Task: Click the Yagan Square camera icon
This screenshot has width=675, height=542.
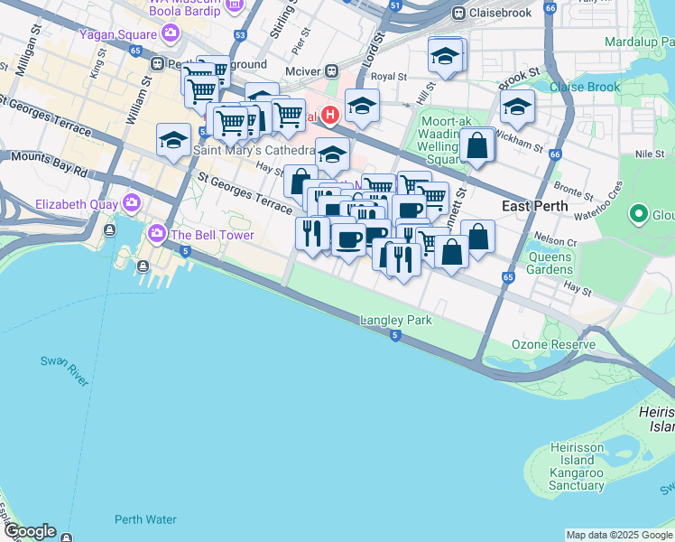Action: pyautogui.click(x=170, y=35)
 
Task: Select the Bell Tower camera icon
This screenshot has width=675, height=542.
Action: pyautogui.click(x=157, y=234)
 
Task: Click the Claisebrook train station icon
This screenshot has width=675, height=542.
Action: pyautogui.click(x=458, y=14)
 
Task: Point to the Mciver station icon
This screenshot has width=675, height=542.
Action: pyautogui.click(x=332, y=70)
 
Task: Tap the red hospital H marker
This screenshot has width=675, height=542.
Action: pyautogui.click(x=330, y=115)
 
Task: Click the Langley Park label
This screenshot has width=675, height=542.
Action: pyautogui.click(x=395, y=320)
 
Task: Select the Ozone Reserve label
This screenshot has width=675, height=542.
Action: pyautogui.click(x=553, y=344)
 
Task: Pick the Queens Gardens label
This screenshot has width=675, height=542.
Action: pyautogui.click(x=550, y=263)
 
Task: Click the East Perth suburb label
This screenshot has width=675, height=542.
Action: pyautogui.click(x=534, y=206)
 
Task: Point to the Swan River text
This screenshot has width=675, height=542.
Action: pyautogui.click(x=64, y=371)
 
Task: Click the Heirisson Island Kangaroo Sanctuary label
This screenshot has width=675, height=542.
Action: pyautogui.click(x=578, y=466)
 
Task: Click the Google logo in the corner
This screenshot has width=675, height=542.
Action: pyautogui.click(x=29, y=531)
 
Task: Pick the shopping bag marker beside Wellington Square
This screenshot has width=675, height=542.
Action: pyautogui.click(x=476, y=146)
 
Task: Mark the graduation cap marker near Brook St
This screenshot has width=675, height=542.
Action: pyautogui.click(x=517, y=107)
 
